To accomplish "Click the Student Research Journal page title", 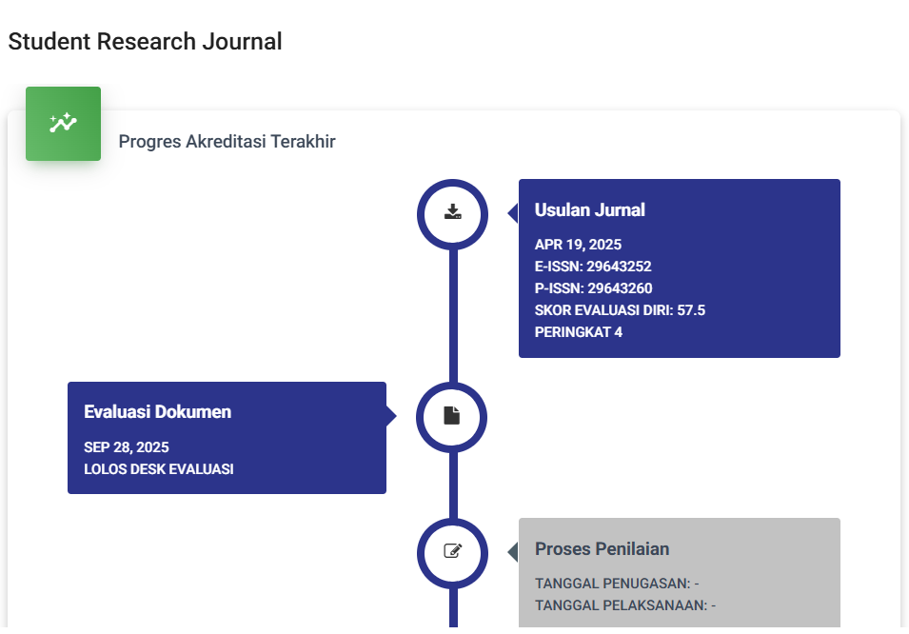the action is (145, 42).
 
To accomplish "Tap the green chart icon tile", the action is (63, 124).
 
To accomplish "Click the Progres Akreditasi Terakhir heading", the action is (227, 142).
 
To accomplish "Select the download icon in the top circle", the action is (453, 211).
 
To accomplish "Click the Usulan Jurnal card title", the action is (589, 210).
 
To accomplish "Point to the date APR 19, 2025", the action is (578, 245).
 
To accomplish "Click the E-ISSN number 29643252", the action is (619, 267).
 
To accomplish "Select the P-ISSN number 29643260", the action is (620, 288).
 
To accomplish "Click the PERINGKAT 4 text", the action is (579, 332).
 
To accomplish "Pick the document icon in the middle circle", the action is (451, 415).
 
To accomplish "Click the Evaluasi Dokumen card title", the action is (158, 412).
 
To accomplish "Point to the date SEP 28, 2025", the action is (127, 447).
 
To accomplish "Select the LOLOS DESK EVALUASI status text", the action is (159, 469).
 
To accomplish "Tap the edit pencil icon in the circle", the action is (453, 550).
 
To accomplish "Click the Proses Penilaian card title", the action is (602, 548).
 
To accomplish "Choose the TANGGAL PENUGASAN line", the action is (617, 584).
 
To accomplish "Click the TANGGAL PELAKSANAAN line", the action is (625, 605).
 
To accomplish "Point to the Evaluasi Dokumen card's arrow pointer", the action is (391, 415).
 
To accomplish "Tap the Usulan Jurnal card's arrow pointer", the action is (513, 213).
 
